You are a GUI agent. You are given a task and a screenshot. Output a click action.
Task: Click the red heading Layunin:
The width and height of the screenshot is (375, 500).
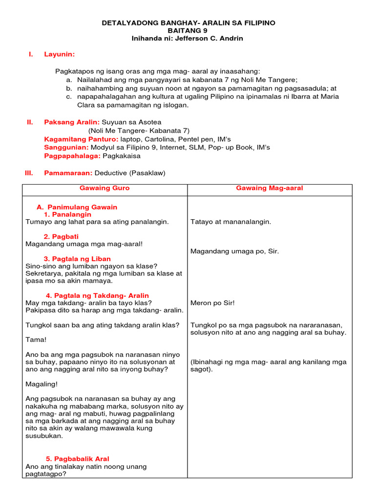coord(60,54)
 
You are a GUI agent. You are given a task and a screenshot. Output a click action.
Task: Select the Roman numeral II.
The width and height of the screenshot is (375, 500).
coord(29,122)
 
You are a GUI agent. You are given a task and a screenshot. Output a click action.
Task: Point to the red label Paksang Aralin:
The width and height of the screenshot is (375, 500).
coord(72,122)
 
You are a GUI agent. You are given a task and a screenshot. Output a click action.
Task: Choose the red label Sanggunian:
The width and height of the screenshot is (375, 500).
coord(66,147)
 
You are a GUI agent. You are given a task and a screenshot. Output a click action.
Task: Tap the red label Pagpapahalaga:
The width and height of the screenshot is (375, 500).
coord(72,156)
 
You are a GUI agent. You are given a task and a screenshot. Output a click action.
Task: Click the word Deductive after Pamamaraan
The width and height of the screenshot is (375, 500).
coord(111,173)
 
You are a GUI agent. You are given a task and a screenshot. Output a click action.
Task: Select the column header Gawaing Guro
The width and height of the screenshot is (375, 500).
coord(104,188)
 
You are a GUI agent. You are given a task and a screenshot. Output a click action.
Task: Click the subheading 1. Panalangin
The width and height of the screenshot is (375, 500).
coord(67,214)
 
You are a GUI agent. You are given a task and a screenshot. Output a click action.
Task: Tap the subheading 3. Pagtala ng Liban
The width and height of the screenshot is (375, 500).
coord(77,259)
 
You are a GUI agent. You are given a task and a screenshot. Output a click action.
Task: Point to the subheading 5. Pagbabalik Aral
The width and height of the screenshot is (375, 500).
coord(78,459)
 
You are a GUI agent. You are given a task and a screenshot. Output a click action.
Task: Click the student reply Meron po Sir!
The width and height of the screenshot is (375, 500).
coord(212,303)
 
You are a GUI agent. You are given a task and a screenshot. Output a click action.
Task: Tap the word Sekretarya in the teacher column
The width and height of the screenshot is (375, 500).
coord(44,273)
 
